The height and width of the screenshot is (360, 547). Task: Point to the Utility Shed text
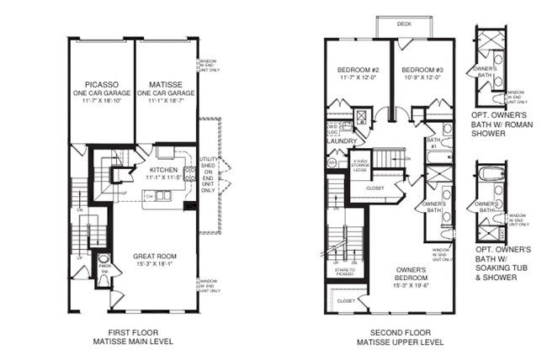[x=207, y=173]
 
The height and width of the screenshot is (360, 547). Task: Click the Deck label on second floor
[x=404, y=24]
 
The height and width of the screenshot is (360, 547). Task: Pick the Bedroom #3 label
[x=421, y=70]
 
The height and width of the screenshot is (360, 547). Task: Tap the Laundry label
[x=341, y=140]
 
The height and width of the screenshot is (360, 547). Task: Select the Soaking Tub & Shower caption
[x=503, y=260]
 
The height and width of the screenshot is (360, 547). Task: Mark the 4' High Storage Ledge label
[x=361, y=165]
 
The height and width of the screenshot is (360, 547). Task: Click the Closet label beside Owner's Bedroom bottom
[x=345, y=299]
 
